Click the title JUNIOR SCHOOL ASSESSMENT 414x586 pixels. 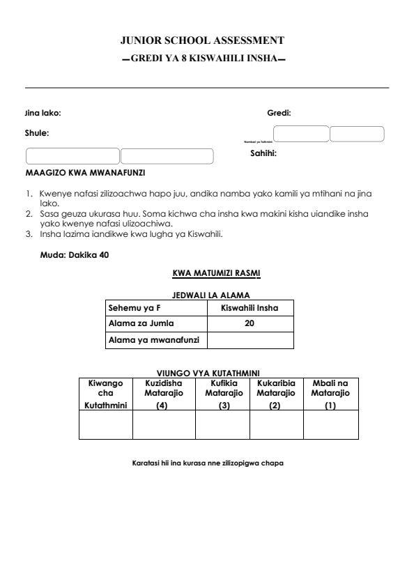(206, 41)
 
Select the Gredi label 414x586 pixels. (279, 113)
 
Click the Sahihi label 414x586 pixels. (263, 154)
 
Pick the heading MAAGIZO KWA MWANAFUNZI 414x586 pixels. (86, 172)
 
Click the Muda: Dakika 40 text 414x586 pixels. (75, 254)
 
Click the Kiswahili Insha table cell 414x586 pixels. (250, 307)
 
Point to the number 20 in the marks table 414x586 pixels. (250, 323)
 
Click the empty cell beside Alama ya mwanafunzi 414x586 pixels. (250, 340)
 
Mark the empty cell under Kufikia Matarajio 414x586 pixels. (222, 424)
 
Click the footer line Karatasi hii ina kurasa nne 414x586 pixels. (208, 463)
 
